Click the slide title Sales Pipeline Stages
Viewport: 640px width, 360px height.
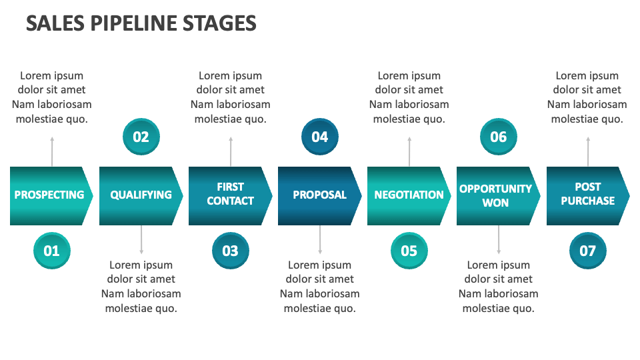click(141, 23)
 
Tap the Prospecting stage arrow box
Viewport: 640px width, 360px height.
click(50, 195)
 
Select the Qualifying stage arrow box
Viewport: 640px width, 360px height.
click(140, 195)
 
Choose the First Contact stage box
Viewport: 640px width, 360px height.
click(229, 195)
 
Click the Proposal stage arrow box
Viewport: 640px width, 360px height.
click(319, 195)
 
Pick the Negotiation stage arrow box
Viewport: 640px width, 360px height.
click(408, 195)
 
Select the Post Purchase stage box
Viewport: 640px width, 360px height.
click(587, 195)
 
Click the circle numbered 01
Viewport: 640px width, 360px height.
click(51, 251)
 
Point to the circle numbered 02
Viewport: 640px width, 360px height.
click(141, 137)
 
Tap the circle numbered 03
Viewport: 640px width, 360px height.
click(230, 251)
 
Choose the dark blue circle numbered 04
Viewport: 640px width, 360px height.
click(320, 137)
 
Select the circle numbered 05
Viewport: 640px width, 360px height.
click(409, 251)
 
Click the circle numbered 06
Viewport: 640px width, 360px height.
click(499, 137)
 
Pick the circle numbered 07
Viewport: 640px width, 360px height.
click(587, 251)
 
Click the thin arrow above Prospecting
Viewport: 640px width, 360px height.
click(52, 151)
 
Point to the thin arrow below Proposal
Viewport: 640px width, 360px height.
click(320, 239)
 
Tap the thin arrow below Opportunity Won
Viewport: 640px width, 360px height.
click(499, 239)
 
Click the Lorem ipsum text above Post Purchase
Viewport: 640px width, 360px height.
click(587, 97)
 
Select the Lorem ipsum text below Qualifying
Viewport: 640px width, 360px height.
click(141, 287)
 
